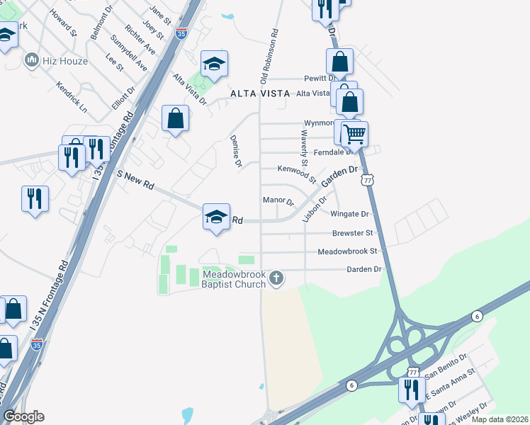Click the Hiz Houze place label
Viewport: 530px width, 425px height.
coord(64,61)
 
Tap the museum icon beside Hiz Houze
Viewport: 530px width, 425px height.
coord(31,61)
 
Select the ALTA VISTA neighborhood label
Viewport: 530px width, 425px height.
coord(260,93)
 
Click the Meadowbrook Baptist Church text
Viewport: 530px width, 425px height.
coord(233,279)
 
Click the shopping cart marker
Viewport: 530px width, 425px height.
coord(354,134)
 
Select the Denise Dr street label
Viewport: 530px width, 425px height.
coord(236,152)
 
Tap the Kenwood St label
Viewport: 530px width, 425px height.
coord(295,171)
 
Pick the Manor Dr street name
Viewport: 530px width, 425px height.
coord(278,200)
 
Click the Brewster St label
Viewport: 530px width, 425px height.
coord(352,233)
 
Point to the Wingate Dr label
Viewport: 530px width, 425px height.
coord(350,213)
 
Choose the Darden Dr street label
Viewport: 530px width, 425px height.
coord(363,269)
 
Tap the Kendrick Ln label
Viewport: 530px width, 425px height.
coord(72,99)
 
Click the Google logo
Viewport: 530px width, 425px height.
coord(23,416)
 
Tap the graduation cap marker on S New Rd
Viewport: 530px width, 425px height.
coord(216,217)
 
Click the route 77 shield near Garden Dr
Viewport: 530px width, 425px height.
coord(367,181)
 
